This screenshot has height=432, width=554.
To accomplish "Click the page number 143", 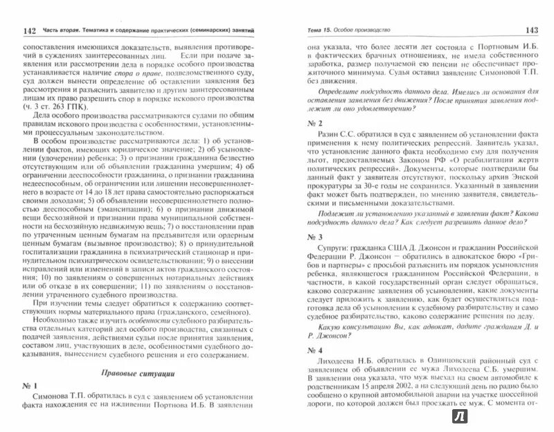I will [528, 30].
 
